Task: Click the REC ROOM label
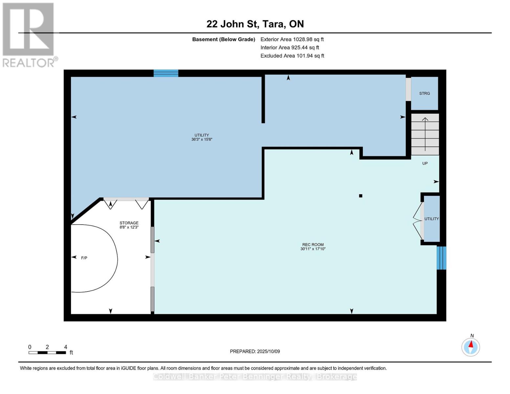313,245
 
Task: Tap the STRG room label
425,93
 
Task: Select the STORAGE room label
129,223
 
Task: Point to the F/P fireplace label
84,258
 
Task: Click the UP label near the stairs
425,163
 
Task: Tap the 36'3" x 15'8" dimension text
202,140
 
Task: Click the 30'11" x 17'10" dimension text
313,249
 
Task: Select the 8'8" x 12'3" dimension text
129,227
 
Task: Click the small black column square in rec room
361,196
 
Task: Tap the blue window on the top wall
166,73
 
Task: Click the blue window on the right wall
441,258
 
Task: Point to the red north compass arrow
471,344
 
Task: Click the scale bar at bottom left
47,353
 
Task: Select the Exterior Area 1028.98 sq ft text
292,39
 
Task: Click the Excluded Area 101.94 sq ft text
292,56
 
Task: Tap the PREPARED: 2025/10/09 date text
255,351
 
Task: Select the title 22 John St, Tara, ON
255,24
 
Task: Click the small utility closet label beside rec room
432,219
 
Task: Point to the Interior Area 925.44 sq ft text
290,48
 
